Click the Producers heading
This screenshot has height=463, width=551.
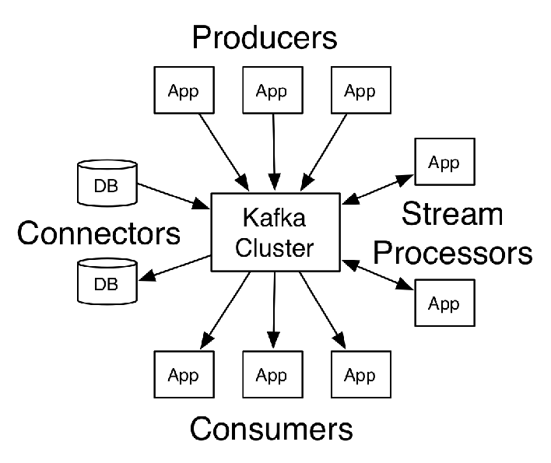click(265, 37)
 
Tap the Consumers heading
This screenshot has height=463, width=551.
click(272, 428)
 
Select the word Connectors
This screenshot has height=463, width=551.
click(99, 233)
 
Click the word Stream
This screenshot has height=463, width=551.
click(452, 213)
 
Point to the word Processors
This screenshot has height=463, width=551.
click(453, 252)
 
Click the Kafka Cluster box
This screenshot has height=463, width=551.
click(275, 232)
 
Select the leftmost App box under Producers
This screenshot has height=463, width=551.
click(184, 90)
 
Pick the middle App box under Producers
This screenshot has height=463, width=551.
click(272, 90)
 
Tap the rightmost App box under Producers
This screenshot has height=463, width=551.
click(361, 90)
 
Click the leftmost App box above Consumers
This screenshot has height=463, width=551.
click(184, 374)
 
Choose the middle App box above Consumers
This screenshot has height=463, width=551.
click(272, 374)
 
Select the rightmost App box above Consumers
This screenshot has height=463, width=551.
click(361, 374)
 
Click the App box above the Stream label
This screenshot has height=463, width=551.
click(445, 162)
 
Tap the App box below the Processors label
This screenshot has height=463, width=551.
click(445, 303)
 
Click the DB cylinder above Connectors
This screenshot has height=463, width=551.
click(107, 183)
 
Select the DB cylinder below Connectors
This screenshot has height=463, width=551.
click(107, 282)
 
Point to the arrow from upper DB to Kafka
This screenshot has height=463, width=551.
click(174, 196)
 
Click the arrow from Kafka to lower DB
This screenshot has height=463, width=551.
click(174, 268)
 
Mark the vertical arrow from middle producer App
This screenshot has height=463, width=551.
click(274, 152)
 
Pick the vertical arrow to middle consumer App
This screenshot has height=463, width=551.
click(274, 310)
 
